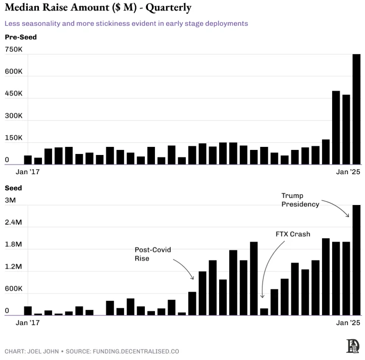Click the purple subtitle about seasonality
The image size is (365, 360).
point(126,23)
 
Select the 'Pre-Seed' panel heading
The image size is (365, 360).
point(21,37)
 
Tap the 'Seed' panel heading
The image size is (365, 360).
point(14,188)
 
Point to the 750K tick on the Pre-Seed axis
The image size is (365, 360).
point(14,49)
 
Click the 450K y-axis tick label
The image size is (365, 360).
point(14,94)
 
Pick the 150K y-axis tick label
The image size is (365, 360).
point(14,138)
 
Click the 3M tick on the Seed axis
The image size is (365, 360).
point(10,200)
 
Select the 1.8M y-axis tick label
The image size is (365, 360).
point(14,244)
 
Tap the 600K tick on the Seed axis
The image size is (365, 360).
point(14,289)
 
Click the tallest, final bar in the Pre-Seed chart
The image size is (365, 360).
point(356,109)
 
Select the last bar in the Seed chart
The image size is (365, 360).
point(356,260)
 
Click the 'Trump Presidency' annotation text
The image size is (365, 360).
point(300,200)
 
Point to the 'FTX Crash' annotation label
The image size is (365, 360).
point(293,234)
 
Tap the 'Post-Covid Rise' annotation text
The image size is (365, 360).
point(149,254)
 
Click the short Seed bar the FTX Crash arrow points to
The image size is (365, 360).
point(264,312)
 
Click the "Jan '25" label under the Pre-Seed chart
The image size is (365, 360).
point(348,172)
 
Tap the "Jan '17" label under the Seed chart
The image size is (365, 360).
point(28,323)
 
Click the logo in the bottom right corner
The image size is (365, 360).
point(352,346)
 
